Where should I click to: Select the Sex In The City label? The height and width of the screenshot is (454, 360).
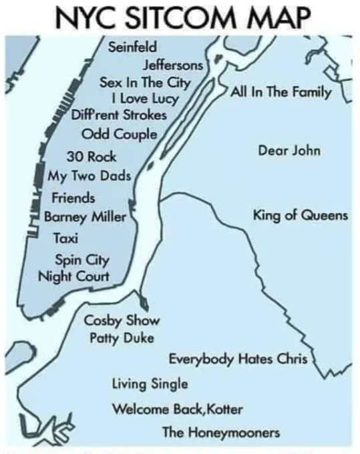pyautogui.click(x=146, y=83)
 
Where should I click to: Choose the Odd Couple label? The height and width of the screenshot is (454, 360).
pyautogui.click(x=118, y=133)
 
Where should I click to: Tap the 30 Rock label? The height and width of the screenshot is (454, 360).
pyautogui.click(x=92, y=158)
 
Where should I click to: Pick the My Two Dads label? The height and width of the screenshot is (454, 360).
pyautogui.click(x=89, y=177)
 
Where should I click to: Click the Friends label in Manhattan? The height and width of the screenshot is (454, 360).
pyautogui.click(x=73, y=198)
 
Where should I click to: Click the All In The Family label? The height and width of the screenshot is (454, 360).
pyautogui.click(x=281, y=91)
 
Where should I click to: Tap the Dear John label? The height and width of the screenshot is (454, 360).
pyautogui.click(x=289, y=150)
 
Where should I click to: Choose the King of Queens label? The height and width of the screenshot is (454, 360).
pyautogui.click(x=300, y=216)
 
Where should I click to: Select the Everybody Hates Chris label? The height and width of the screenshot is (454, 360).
pyautogui.click(x=237, y=360)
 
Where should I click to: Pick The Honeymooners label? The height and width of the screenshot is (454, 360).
pyautogui.click(x=221, y=433)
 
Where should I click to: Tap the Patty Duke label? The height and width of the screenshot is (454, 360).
pyautogui.click(x=122, y=338)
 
